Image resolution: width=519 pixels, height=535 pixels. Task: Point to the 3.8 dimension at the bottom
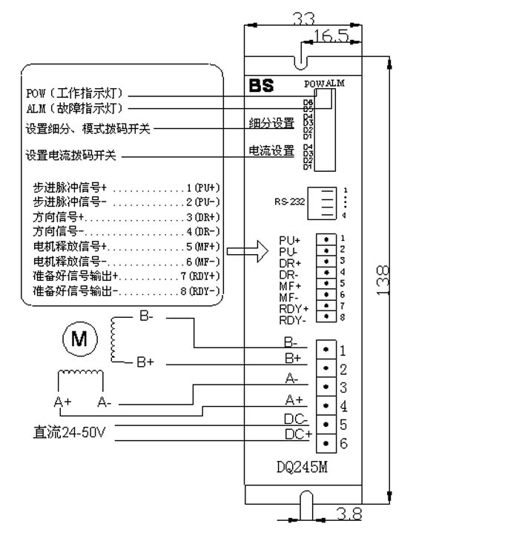349,514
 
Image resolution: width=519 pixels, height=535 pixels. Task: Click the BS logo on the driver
263,85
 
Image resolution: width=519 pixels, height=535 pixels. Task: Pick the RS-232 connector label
289,201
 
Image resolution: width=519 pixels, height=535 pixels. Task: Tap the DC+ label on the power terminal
298,434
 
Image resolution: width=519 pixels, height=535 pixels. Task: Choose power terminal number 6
343,443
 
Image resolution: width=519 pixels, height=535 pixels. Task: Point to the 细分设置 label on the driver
271,123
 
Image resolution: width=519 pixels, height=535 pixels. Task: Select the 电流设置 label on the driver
271,152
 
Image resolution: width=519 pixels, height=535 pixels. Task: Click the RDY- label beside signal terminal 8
293,320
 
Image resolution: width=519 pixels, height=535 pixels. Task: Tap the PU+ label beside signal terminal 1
290,240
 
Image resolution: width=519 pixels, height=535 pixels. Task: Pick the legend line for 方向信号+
122,217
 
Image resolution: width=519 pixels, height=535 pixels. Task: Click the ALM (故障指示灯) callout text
74,109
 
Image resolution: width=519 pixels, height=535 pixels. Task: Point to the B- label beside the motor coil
146,316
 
